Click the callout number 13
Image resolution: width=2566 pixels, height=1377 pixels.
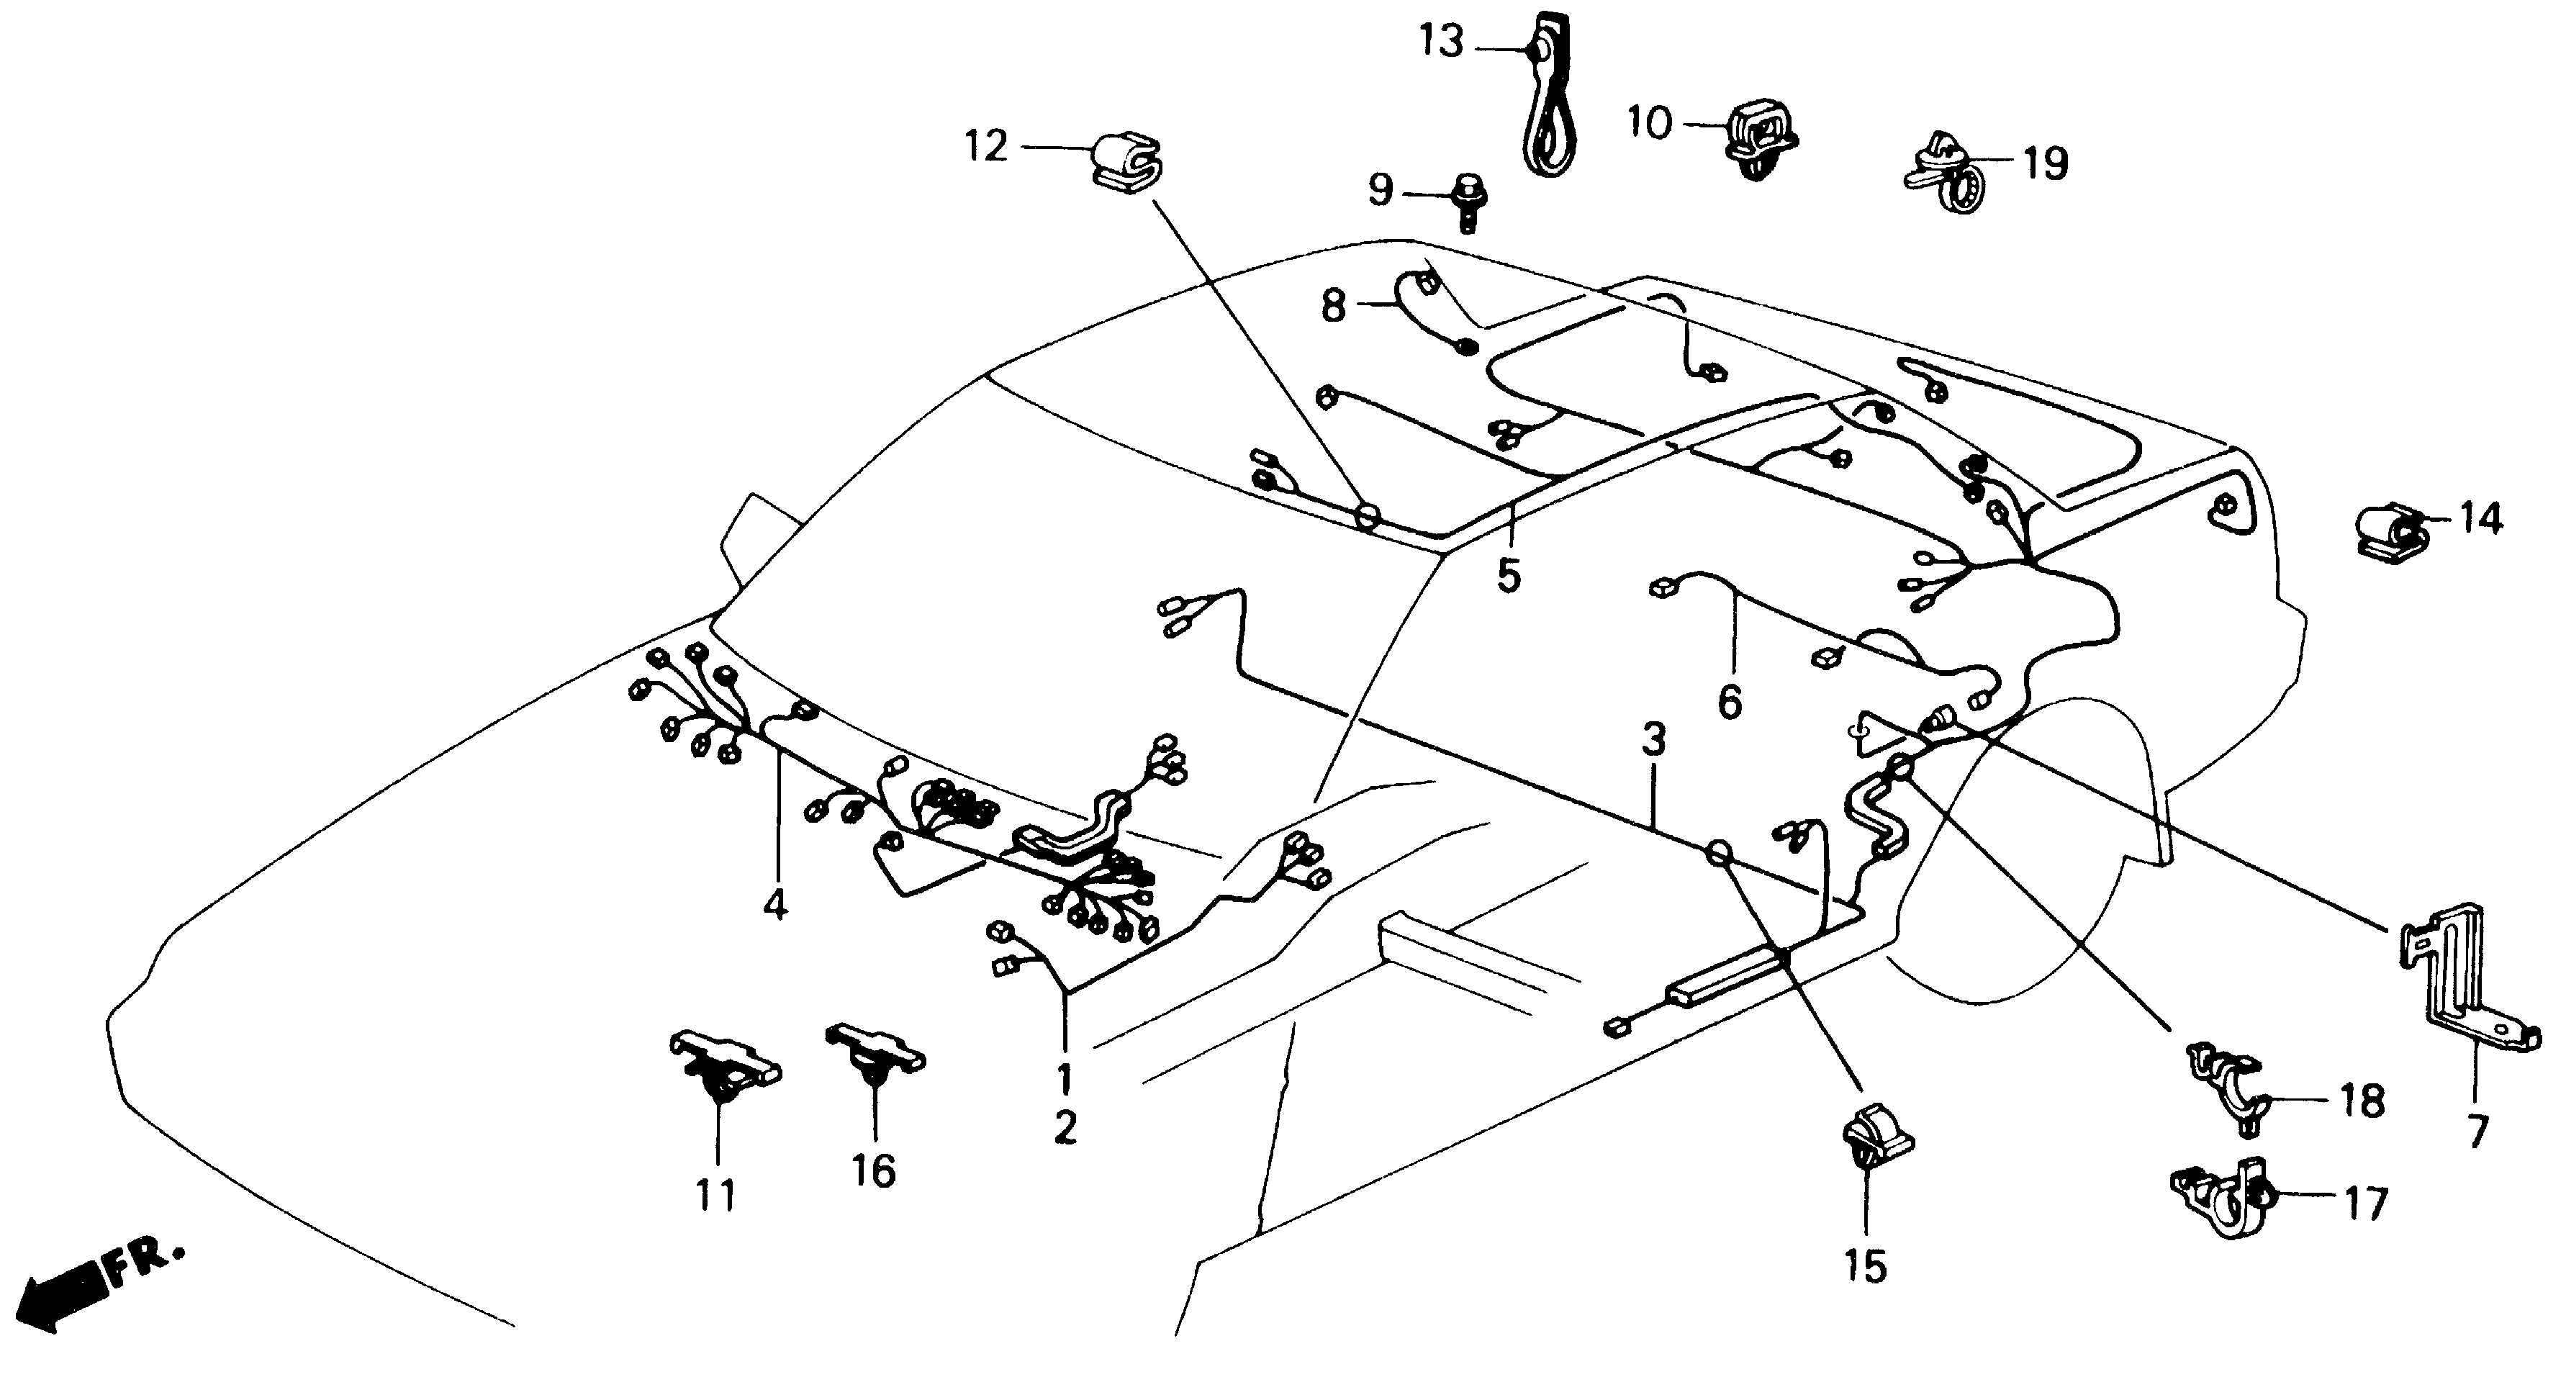(1442, 43)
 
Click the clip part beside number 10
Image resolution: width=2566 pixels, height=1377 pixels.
(1760, 140)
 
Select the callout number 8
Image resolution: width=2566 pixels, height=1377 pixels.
(1334, 306)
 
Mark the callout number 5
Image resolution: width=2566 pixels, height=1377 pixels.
(1508, 576)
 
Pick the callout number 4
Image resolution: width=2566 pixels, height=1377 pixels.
(775, 905)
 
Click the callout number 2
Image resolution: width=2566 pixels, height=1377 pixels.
(1065, 1129)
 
